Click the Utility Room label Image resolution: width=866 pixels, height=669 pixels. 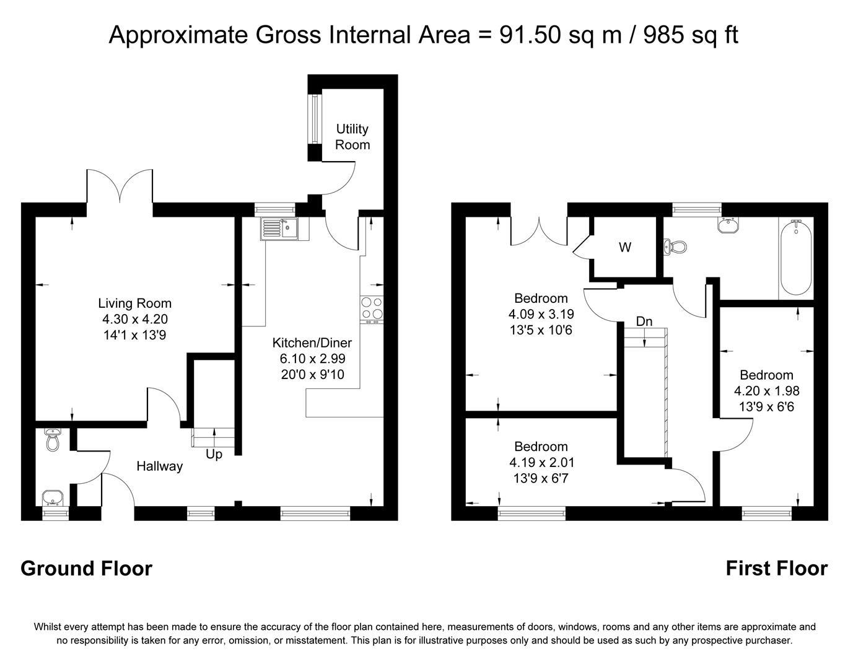coord(352,137)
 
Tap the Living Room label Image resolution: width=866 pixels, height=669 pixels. coord(134,304)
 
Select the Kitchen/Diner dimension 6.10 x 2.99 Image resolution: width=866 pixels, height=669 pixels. coord(312,359)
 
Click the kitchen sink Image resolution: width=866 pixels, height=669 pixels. coord(279,228)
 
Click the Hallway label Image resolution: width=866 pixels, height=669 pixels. coord(159,466)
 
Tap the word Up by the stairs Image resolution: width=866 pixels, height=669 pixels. coord(214,454)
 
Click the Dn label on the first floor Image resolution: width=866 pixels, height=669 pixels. coord(644,321)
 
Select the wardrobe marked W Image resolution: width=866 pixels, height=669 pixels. coord(625,248)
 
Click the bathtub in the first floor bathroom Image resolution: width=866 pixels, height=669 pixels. coord(796,259)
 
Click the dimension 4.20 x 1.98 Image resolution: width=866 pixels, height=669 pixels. coord(766,391)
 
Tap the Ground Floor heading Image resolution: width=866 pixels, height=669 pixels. coord(86,568)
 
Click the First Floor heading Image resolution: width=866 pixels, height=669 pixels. coord(776,568)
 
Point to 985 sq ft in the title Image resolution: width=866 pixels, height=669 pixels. coord(690,35)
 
